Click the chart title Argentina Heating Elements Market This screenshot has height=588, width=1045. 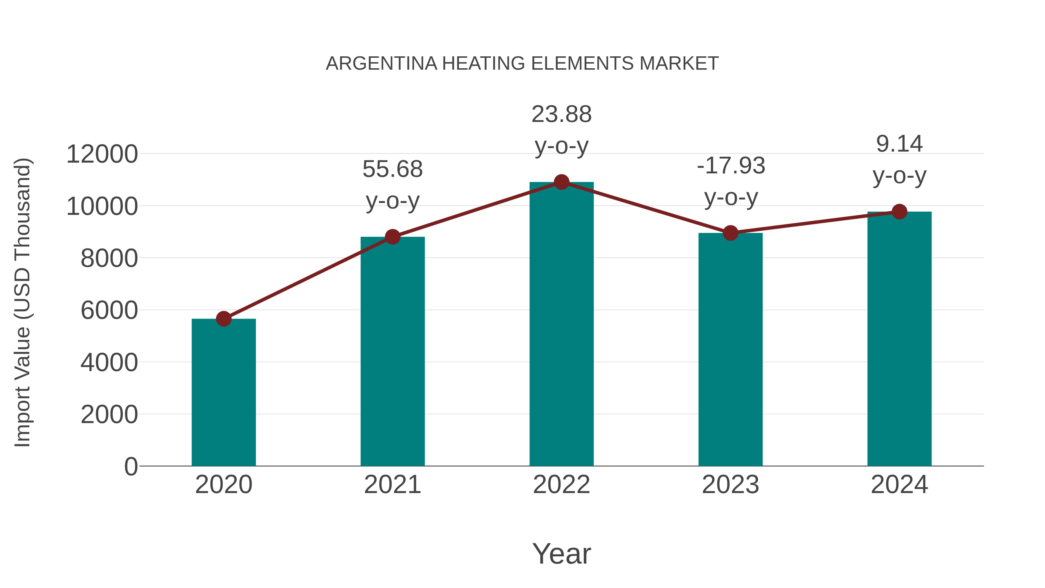point(522,64)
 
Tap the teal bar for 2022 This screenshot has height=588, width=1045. point(561,325)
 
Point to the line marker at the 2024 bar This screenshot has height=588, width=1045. point(899,211)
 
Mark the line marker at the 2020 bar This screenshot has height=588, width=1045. point(224,319)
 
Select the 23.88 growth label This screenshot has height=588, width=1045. point(561,114)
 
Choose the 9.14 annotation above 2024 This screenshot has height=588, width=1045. point(899,144)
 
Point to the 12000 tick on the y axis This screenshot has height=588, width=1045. point(102,154)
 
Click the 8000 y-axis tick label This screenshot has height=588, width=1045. point(109,258)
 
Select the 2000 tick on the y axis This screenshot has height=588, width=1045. point(109,415)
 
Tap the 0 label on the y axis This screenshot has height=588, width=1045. point(131,467)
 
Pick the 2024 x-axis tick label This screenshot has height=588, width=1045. point(899,485)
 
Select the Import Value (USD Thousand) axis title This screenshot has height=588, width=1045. point(23,302)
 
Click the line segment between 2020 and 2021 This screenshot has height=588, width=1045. point(308,278)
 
